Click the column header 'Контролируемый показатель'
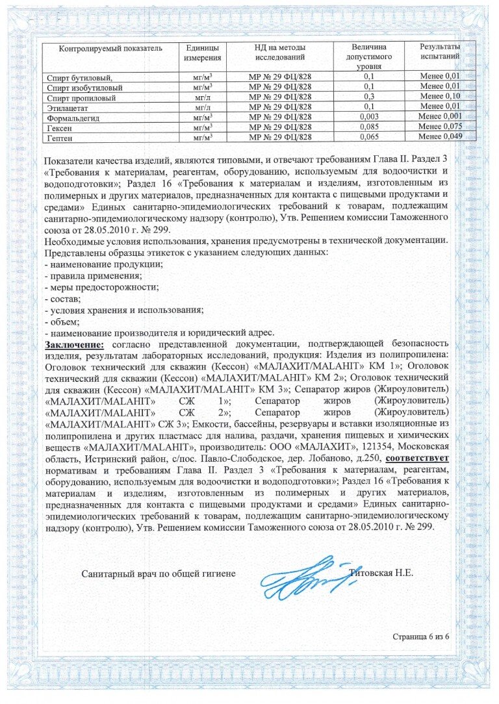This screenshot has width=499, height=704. point(110,49)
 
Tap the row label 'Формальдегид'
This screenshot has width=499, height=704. point(73,118)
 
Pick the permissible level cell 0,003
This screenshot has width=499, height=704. point(369,117)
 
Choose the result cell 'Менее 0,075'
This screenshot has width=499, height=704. point(440,127)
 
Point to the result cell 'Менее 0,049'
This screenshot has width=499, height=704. point(440,136)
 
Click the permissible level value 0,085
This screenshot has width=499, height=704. point(369,127)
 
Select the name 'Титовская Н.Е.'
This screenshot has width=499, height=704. point(381,573)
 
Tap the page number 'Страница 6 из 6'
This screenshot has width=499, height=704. point(420,636)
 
